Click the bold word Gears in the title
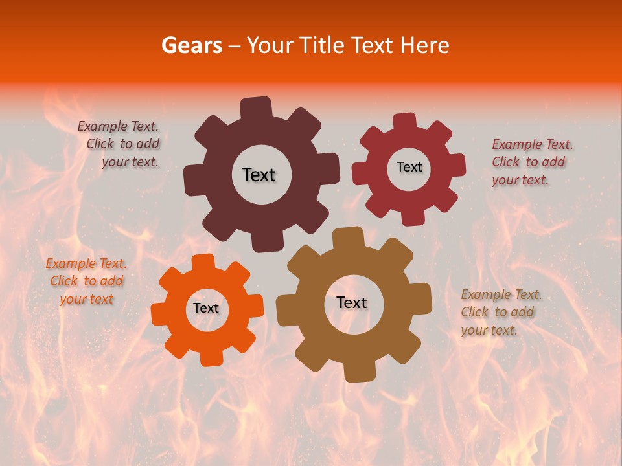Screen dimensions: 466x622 click(x=191, y=45)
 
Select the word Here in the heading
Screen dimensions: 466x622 click(x=424, y=45)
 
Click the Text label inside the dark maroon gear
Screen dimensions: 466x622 click(x=259, y=175)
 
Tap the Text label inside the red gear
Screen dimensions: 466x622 click(x=409, y=167)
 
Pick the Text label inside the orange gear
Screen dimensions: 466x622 click(x=206, y=309)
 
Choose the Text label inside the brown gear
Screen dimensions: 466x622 click(x=352, y=303)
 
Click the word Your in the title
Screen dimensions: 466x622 click(x=269, y=45)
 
